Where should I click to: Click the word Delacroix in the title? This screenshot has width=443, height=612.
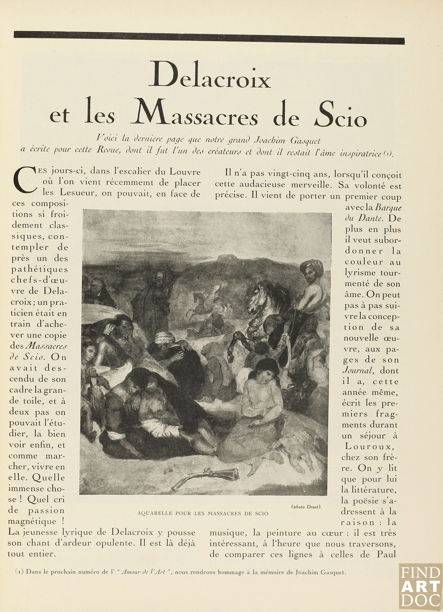210,78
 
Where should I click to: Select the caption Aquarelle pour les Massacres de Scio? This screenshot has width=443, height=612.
203,513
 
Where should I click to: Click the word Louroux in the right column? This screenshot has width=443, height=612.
369,447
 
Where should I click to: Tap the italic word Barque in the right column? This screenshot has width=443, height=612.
388,208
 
